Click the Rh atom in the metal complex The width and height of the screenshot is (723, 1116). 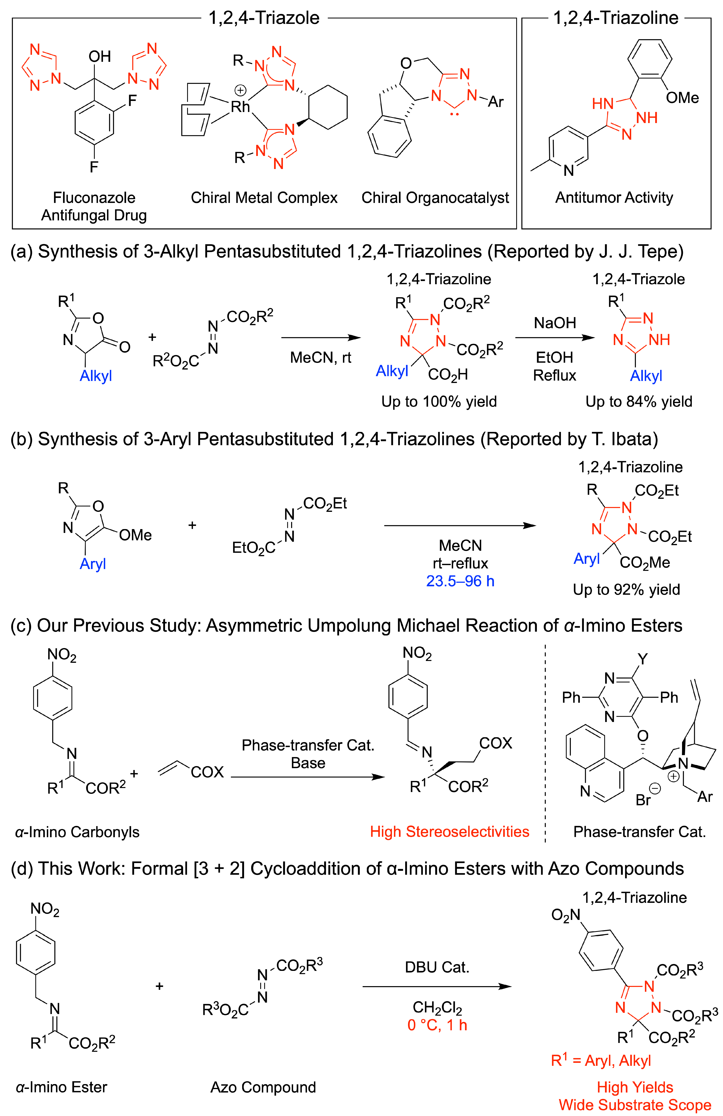pos(240,107)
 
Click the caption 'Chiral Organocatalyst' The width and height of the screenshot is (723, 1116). pos(435,198)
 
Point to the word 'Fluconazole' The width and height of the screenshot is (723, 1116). pos(94,198)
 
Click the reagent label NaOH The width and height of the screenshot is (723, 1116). pos(555,323)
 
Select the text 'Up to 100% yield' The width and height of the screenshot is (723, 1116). pos(439,402)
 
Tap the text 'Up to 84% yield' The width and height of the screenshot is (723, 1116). pos(638,402)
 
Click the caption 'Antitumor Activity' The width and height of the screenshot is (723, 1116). pos(614,198)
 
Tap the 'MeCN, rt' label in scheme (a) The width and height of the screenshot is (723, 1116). pos(320,358)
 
